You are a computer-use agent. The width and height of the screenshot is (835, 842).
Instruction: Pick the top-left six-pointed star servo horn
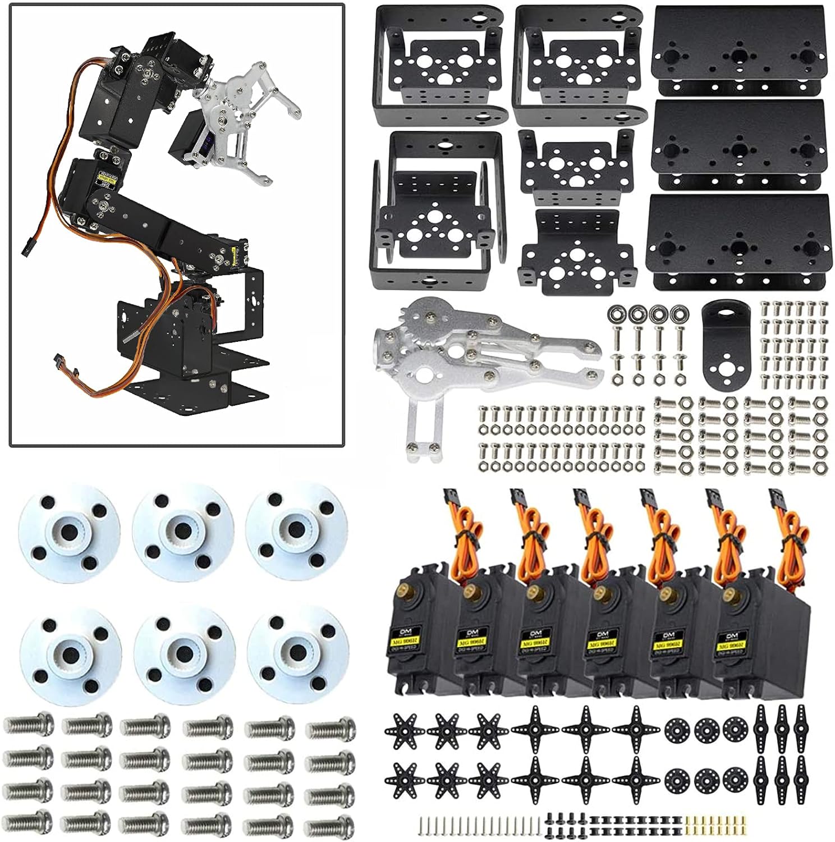point(401,730)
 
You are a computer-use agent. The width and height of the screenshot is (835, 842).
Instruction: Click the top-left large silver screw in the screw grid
point(29,725)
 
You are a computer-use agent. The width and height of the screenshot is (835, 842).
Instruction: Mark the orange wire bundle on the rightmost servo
point(791,533)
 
